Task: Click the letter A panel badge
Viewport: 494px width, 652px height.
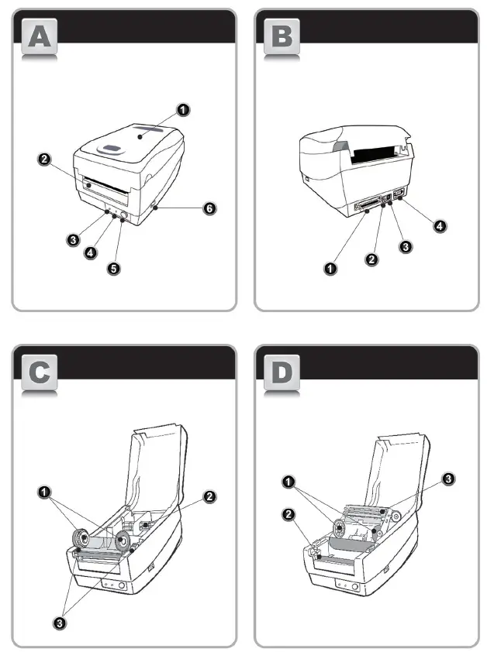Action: [38, 38]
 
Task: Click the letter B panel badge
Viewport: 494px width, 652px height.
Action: [282, 38]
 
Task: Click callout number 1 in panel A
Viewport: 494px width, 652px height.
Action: [182, 110]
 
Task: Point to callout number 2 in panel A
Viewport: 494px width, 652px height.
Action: [45, 160]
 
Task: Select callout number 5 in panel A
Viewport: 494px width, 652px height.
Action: [116, 272]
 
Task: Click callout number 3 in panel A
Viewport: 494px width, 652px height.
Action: [72, 240]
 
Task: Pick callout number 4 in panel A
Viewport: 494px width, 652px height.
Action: [92, 253]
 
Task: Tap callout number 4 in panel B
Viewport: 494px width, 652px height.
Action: [440, 226]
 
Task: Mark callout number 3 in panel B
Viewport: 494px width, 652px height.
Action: [404, 246]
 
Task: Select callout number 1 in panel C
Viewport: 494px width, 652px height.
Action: [45, 491]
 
